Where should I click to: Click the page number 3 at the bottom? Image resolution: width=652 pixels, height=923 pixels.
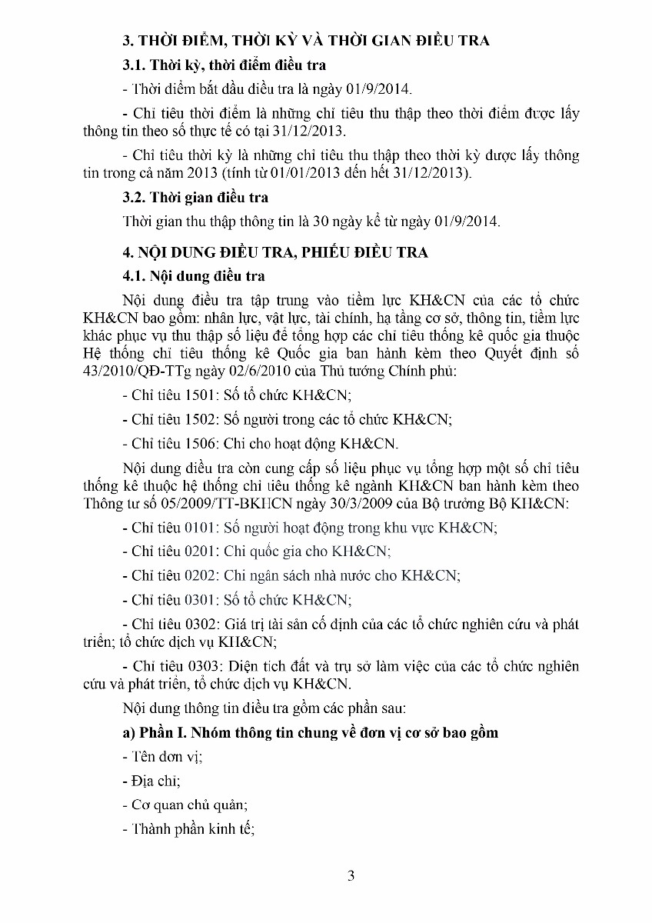[351, 875]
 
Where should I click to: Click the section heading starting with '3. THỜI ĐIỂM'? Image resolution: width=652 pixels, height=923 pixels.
[306, 41]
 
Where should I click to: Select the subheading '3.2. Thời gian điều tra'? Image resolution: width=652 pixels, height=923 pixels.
[195, 197]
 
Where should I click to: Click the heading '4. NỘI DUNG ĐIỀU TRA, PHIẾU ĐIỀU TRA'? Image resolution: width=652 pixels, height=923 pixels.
[274, 252]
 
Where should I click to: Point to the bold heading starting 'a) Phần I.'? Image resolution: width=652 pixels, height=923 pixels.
[310, 732]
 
